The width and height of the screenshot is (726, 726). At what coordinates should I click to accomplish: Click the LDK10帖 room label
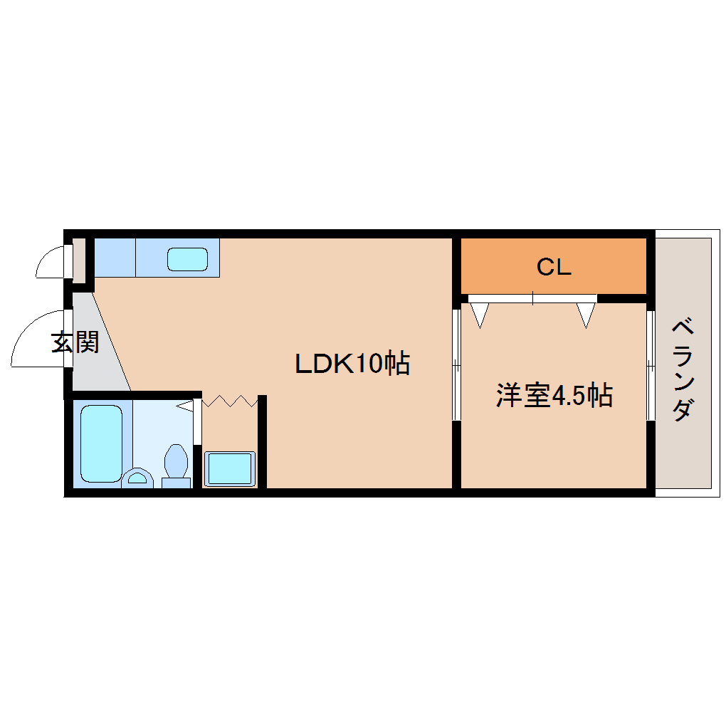pyautogui.click(x=352, y=363)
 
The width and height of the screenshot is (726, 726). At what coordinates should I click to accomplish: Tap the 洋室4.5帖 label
pyautogui.click(x=554, y=396)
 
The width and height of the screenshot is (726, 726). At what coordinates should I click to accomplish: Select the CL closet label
pyautogui.click(x=554, y=267)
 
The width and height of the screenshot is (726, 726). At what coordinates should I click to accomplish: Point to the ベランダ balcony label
pyautogui.click(x=683, y=369)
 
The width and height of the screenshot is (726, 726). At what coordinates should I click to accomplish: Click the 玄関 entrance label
pyautogui.click(x=75, y=342)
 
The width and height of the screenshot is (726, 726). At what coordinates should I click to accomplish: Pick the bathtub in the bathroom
pyautogui.click(x=101, y=443)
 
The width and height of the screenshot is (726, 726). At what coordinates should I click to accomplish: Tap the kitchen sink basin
pyautogui.click(x=187, y=259)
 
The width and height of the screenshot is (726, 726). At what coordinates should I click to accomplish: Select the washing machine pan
pyautogui.click(x=230, y=468)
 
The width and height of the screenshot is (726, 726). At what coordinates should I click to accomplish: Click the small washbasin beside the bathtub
pyautogui.click(x=137, y=478)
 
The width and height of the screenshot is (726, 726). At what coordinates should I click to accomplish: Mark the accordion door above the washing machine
pyautogui.click(x=230, y=401)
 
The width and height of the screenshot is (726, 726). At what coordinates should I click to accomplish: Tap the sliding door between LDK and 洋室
pyautogui.click(x=456, y=365)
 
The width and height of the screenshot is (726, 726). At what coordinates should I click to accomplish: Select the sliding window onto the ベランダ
pyautogui.click(x=651, y=365)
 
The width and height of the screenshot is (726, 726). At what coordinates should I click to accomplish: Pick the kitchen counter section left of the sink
pyautogui.click(x=115, y=258)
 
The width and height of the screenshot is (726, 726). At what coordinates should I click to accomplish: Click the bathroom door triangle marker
pyautogui.click(x=185, y=406)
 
